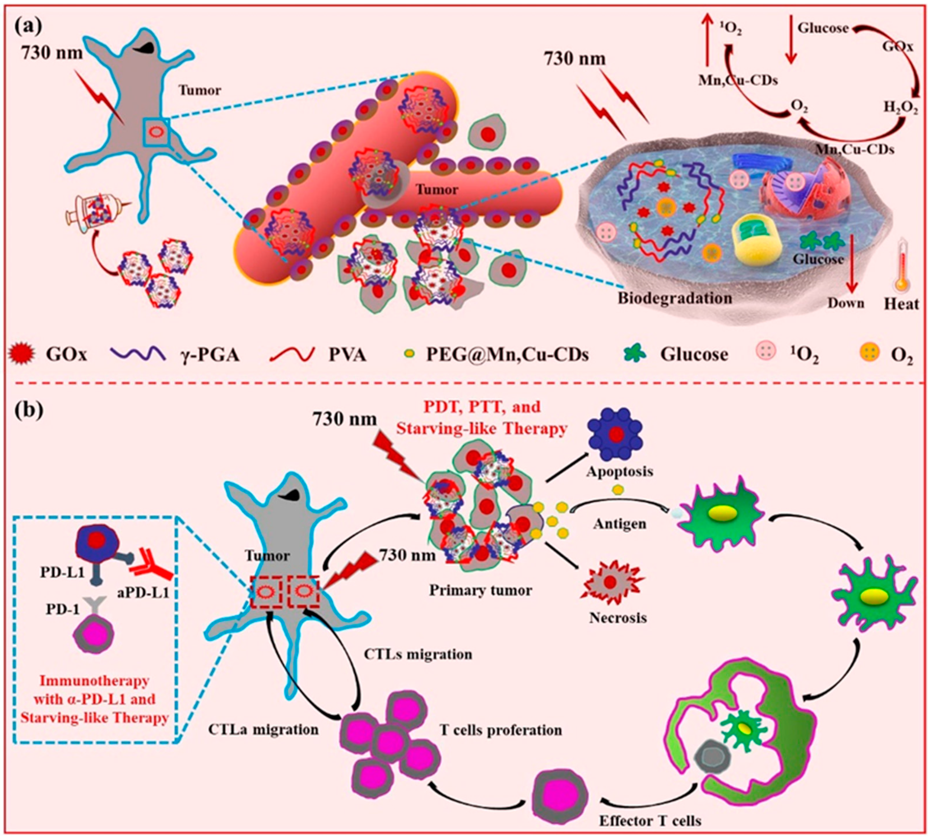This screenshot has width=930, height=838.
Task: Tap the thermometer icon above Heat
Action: [901, 273]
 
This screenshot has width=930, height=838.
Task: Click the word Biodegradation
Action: [674, 298]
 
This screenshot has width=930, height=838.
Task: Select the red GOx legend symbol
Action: [20, 354]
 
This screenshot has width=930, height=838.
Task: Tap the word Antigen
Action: [619, 524]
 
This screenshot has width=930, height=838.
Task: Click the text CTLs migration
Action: [418, 654]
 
